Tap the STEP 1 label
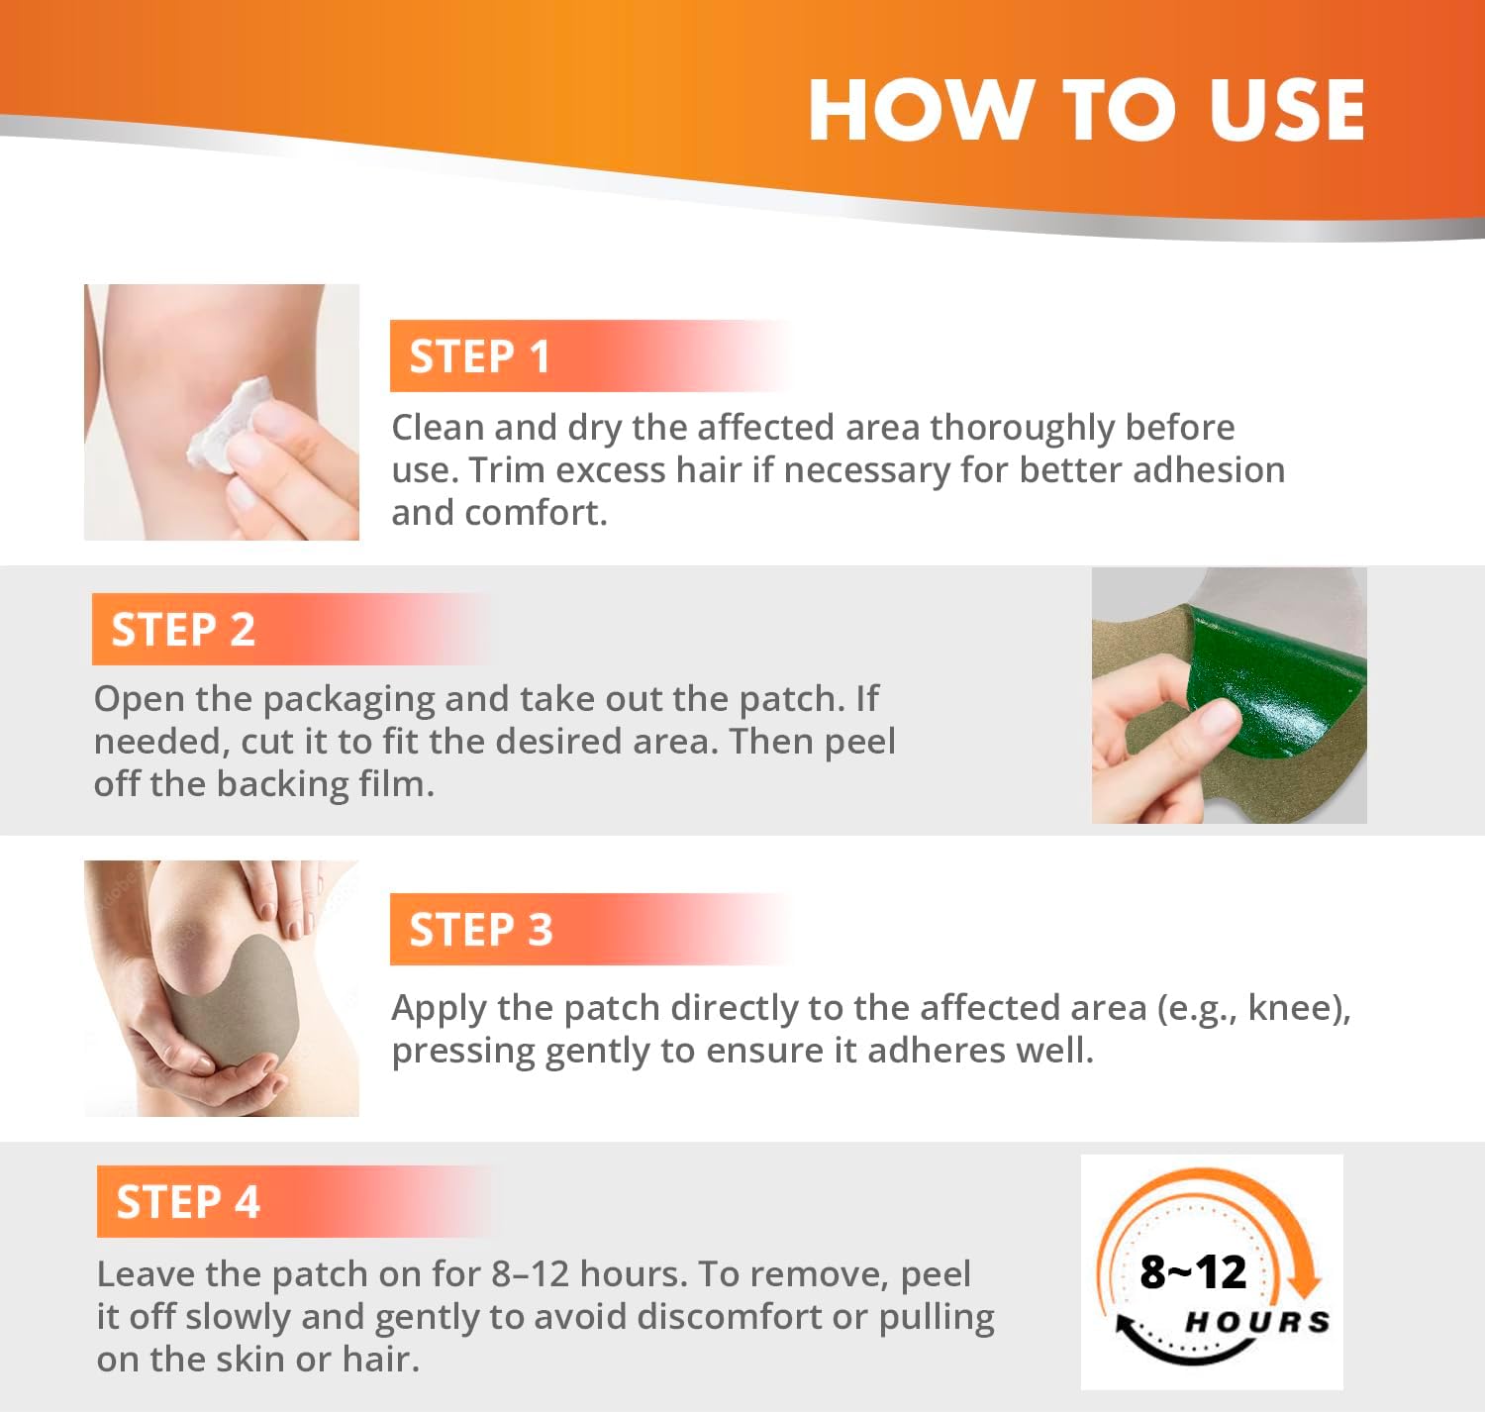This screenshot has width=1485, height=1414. click(479, 356)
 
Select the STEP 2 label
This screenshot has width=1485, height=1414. click(183, 630)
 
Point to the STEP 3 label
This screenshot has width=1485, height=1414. click(480, 930)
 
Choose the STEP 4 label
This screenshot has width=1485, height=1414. click(188, 1202)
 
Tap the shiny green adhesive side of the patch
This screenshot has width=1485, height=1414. click(1275, 689)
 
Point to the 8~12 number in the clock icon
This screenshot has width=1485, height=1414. click(1193, 1272)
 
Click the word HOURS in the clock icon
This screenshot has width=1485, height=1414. click(1257, 1322)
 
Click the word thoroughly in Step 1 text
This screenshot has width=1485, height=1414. click(1022, 429)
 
